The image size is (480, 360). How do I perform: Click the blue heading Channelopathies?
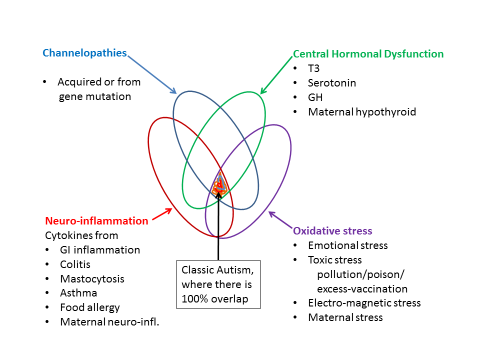(x=84, y=53)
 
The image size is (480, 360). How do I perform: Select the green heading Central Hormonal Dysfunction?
(x=368, y=54)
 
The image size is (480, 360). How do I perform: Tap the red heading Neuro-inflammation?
(x=96, y=220)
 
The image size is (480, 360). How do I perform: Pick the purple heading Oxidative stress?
(x=332, y=230)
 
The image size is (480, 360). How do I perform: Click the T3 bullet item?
(x=313, y=68)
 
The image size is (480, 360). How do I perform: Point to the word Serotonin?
(x=332, y=83)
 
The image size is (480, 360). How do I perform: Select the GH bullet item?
(x=315, y=97)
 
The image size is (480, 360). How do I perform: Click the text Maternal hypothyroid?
(x=362, y=112)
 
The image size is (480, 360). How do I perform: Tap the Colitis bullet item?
(x=75, y=264)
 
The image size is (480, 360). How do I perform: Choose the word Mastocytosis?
(x=92, y=278)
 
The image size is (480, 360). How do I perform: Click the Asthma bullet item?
(x=78, y=293)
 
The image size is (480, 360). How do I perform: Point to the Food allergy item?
(x=90, y=307)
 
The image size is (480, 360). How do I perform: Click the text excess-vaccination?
(x=362, y=288)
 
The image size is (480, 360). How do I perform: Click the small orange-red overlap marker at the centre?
(x=219, y=186)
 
